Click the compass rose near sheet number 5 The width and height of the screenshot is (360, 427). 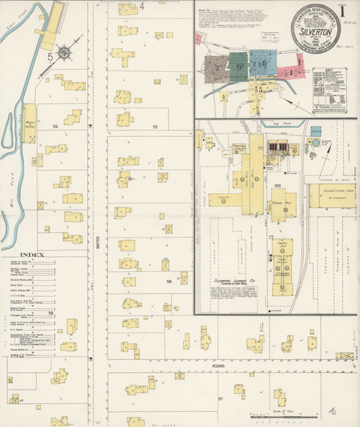66,53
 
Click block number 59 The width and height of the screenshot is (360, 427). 55,126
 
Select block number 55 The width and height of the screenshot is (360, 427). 155,126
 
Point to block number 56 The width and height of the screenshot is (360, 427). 170,282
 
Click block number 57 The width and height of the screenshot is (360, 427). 220,397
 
